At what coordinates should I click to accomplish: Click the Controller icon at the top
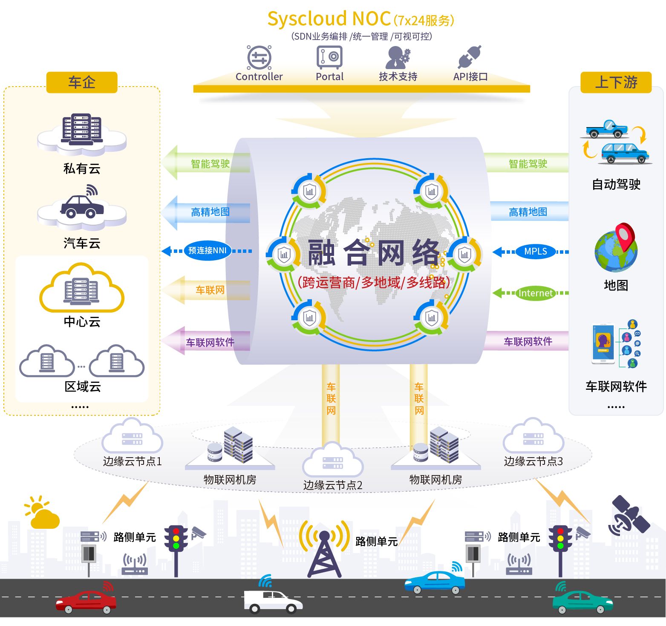coord(259,58)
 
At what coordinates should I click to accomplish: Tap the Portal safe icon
coord(329,57)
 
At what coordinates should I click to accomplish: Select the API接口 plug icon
coord(470,57)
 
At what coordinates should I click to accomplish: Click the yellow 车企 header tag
coord(82,82)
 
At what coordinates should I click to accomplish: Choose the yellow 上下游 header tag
coord(616,82)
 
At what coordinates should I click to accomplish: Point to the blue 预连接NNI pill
coord(207,251)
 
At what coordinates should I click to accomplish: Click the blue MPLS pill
coord(535,252)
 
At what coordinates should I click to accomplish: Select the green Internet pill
coord(535,293)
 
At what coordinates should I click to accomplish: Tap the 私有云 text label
coord(82,169)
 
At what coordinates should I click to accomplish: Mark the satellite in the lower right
coord(630,515)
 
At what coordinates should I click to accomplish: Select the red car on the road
coord(86,601)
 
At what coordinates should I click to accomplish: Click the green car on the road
coord(582,602)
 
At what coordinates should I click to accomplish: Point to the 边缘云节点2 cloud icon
coord(333,460)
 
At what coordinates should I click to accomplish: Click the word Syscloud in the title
coord(307,19)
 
